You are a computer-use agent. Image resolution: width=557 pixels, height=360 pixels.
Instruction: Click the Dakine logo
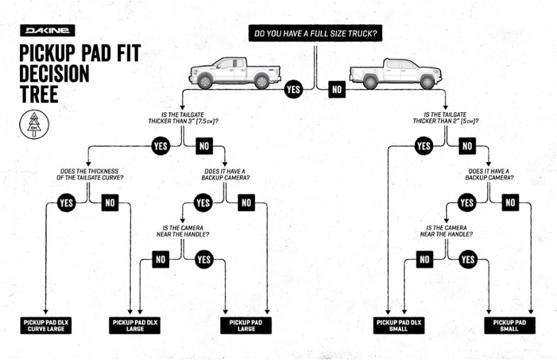[48, 31]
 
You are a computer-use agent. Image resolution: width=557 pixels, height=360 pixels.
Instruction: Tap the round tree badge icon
[33, 124]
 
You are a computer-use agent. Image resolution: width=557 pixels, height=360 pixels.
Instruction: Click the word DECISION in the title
[54, 74]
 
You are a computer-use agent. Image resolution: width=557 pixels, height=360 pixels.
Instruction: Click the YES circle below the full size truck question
[293, 90]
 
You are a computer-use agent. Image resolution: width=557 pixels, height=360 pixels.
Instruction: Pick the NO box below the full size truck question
[337, 90]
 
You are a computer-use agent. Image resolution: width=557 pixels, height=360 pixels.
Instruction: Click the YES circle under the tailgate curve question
[67, 203]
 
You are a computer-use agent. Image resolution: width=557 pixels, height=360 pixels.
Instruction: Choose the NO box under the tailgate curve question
[109, 203]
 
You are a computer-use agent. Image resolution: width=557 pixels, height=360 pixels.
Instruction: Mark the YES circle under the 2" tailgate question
[423, 147]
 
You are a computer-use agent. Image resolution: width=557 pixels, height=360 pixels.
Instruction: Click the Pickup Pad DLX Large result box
[135, 325]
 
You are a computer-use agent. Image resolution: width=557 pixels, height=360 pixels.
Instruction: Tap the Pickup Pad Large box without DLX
[246, 325]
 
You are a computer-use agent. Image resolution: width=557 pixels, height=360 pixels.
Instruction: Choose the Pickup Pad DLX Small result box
[399, 325]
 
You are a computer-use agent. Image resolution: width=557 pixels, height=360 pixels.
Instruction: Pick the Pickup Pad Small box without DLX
[509, 325]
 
